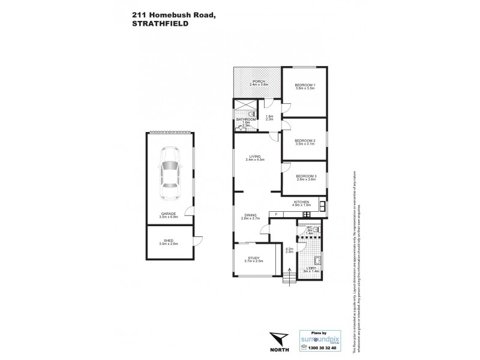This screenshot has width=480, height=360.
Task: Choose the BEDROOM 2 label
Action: (x=305, y=140)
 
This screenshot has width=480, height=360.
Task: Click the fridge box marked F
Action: (x=276, y=214)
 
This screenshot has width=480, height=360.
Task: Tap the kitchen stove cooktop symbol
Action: (x=323, y=208)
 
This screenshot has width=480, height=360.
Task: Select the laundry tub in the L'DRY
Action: (x=318, y=260)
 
